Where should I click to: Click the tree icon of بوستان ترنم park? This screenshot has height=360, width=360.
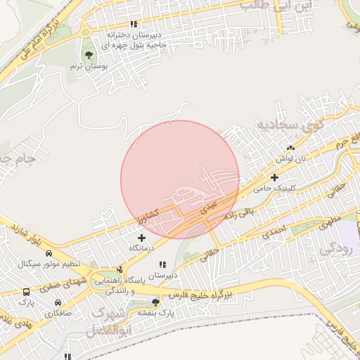(89, 55)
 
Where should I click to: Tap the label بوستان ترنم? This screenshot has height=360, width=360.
(88, 66)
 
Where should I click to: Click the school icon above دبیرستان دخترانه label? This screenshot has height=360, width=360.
(134, 25)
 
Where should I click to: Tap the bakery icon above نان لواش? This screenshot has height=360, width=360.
(290, 148)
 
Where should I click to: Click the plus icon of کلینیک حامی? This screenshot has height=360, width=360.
(274, 177)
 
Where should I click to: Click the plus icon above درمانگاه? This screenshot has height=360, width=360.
(142, 238)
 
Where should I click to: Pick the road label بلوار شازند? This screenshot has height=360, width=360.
(27, 236)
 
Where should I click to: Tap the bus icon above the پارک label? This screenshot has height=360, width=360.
(26, 292)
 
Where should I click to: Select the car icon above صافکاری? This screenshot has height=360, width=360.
(56, 302)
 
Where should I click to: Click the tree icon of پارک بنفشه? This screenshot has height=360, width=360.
(156, 302)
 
